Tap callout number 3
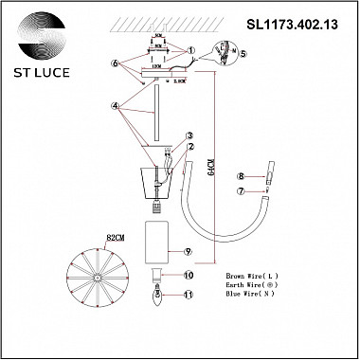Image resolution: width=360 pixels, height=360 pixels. click(x=189, y=135)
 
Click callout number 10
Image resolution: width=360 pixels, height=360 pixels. click(x=189, y=276)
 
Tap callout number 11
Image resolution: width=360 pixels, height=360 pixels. click(x=189, y=296)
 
